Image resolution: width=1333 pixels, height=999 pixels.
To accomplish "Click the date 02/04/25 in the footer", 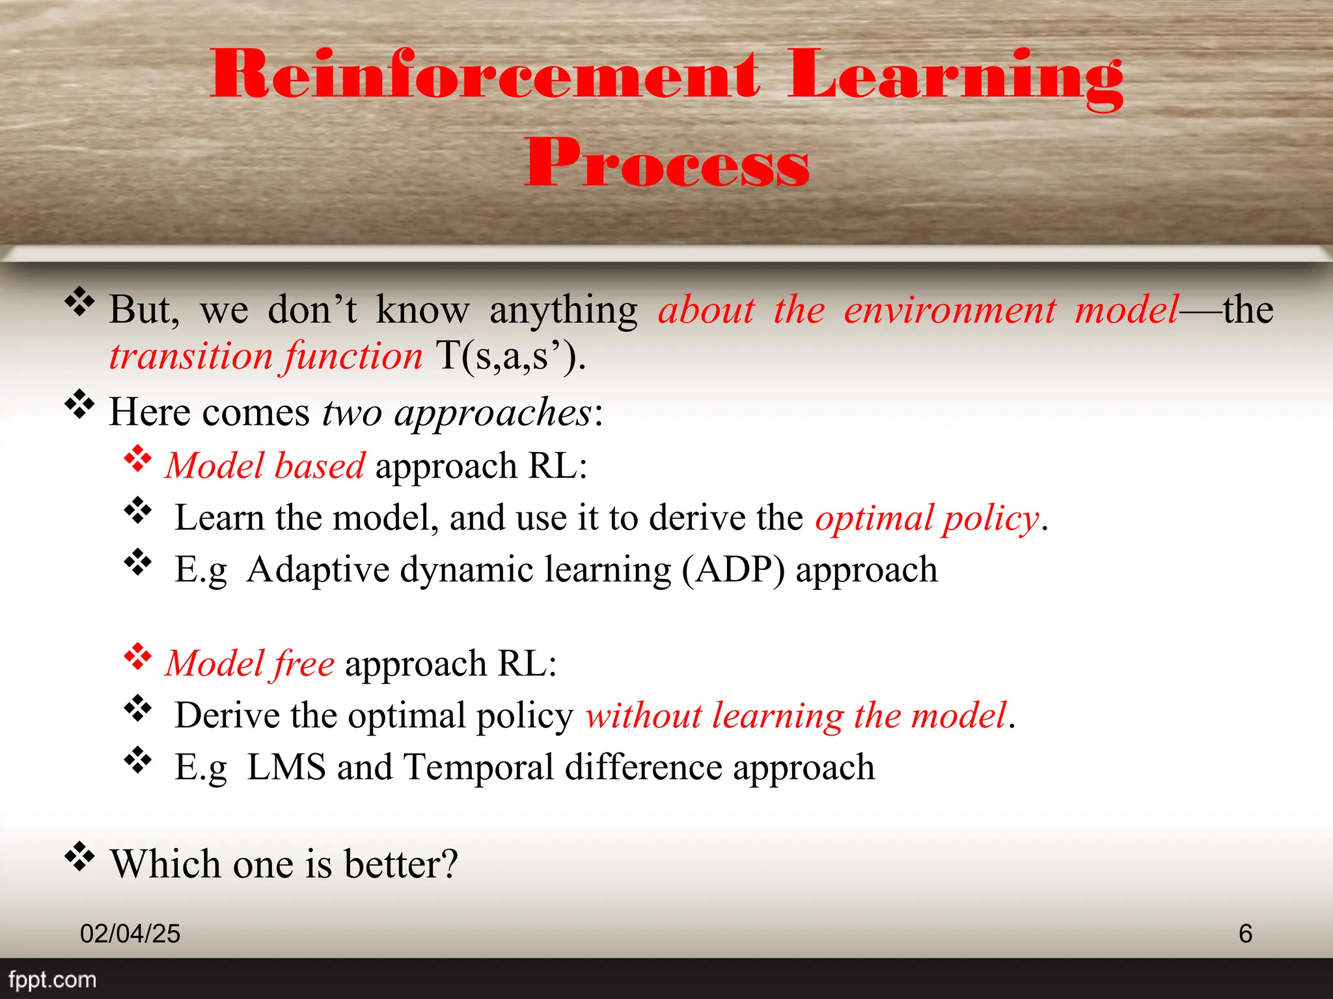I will click(130, 934).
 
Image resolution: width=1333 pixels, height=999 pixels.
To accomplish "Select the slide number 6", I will click(1245, 934).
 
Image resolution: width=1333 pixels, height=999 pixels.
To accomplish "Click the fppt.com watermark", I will click(52, 979).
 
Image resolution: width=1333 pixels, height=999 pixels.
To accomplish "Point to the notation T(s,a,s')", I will click(510, 356).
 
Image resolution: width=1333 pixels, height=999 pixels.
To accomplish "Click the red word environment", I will click(950, 310).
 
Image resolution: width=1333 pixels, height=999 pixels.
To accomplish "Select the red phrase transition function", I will click(266, 356).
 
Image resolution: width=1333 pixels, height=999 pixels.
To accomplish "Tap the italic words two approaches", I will click(457, 412).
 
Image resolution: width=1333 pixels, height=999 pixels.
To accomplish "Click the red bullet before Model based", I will click(138, 459).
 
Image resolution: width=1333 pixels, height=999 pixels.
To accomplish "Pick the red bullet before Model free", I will click(138, 657).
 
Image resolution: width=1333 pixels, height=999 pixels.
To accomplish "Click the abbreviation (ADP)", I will click(734, 570).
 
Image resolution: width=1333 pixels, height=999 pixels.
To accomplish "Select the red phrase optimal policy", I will click(927, 518).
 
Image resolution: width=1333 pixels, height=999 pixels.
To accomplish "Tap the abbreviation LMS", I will click(286, 767).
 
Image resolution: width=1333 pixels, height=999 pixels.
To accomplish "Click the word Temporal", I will click(478, 767).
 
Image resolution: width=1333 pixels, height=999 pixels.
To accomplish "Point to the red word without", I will click(643, 715).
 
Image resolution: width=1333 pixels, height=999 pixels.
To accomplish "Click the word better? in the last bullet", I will click(401, 864).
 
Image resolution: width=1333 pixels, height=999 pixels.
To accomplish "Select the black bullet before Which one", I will click(79, 857).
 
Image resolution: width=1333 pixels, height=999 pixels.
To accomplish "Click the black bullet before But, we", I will click(79, 302).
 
